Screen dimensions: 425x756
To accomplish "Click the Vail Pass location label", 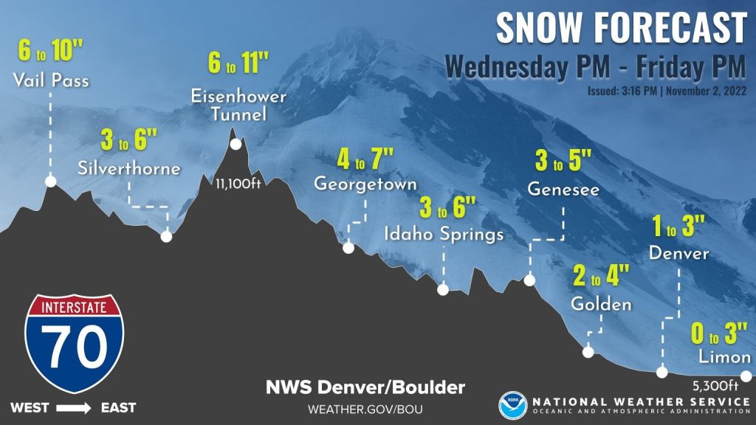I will coord(51,80).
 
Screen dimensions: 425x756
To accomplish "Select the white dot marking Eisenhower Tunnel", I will coord(236,144).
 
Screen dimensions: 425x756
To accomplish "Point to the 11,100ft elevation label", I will coord(238,184).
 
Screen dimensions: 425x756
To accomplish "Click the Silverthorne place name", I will coord(129,169).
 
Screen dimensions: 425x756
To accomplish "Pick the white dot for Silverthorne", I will coord(166,237).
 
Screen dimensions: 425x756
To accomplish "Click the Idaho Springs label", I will coord(444,234).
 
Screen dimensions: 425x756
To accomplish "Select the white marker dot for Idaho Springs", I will coord(443,290).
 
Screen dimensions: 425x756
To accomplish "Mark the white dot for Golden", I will coord(588,352).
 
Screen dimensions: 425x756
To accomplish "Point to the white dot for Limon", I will coord(746,376).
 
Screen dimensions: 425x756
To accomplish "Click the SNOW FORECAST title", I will coord(621,28).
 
